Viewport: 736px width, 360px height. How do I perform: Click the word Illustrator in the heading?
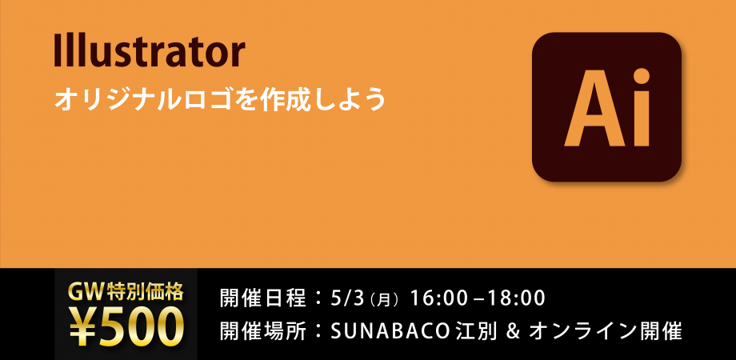click(148, 52)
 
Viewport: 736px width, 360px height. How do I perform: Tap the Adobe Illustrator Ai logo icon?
click(606, 107)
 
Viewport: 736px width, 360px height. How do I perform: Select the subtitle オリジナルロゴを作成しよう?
click(220, 99)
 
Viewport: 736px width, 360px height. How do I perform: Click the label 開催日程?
click(262, 299)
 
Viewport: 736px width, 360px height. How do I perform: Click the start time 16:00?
click(438, 299)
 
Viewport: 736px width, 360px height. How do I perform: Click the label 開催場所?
click(262, 330)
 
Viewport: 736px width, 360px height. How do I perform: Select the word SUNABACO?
click(386, 330)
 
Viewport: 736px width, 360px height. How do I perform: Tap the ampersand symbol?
click(504, 330)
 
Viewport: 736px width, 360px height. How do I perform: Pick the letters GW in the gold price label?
click(85, 291)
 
